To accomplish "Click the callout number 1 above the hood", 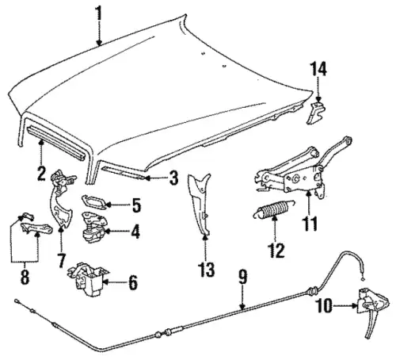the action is coord(99,13).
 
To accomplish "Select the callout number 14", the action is coord(318,68).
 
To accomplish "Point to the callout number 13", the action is coord(207,270).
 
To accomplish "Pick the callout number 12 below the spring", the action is coord(276,250).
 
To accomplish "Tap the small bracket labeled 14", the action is coord(316,113).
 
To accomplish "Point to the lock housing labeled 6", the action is coord(89,279).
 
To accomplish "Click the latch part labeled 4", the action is coord(93,228).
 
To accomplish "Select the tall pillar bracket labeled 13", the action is coord(200,204).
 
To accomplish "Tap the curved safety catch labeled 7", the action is coord(61,200).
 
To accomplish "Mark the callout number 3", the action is coord(173,178).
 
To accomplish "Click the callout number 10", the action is coord(325,306).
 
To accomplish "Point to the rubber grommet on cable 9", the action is coord(314,290).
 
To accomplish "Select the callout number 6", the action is coord(133,282).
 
